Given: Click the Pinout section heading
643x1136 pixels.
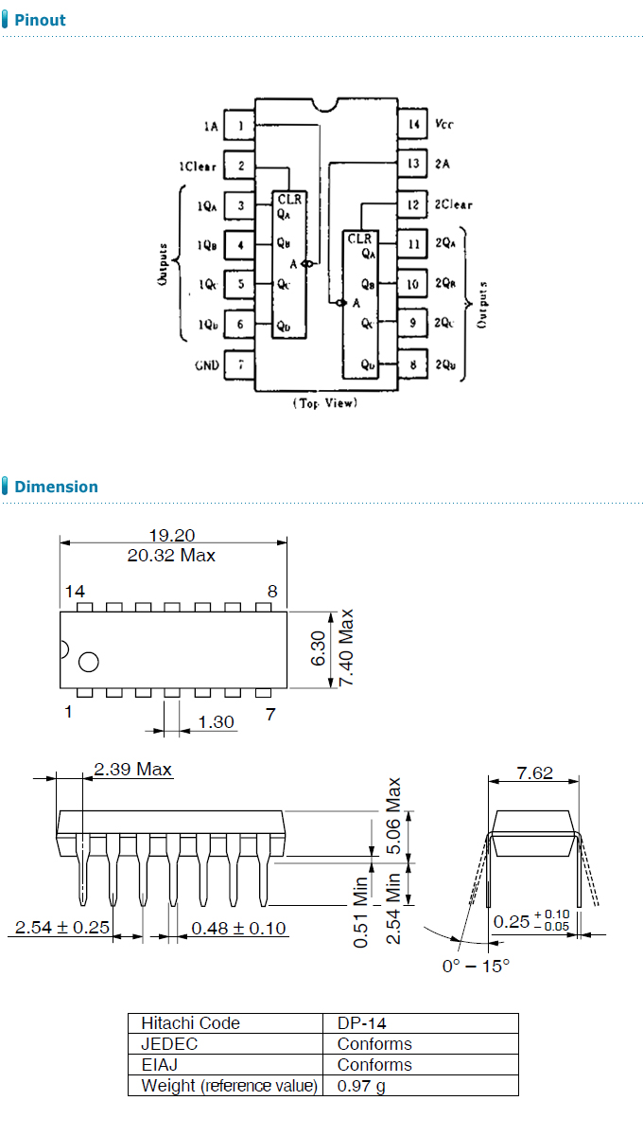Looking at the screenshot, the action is pos(40,20).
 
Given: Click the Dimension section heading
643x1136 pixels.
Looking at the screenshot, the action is pos(56,487).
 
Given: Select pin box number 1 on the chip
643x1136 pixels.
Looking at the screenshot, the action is pos(239,125).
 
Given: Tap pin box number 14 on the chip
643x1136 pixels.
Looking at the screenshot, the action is pos(413,123).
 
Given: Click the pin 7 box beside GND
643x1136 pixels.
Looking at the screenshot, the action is pos(239,364).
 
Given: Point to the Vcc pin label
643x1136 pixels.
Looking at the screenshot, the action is pos(443,124).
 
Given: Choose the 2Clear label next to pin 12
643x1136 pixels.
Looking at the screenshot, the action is pos(453,204).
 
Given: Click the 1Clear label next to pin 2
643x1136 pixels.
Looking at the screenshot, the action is pos(198,167).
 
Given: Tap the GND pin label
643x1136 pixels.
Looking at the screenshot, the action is pos(207,365).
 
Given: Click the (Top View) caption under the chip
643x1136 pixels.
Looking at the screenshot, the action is pos(324,403).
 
